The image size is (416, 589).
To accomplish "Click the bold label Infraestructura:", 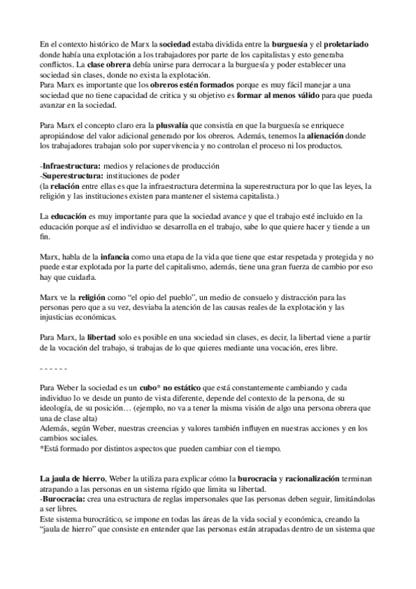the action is pos(72,166).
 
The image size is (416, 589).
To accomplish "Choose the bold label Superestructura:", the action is pos(73,176).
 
